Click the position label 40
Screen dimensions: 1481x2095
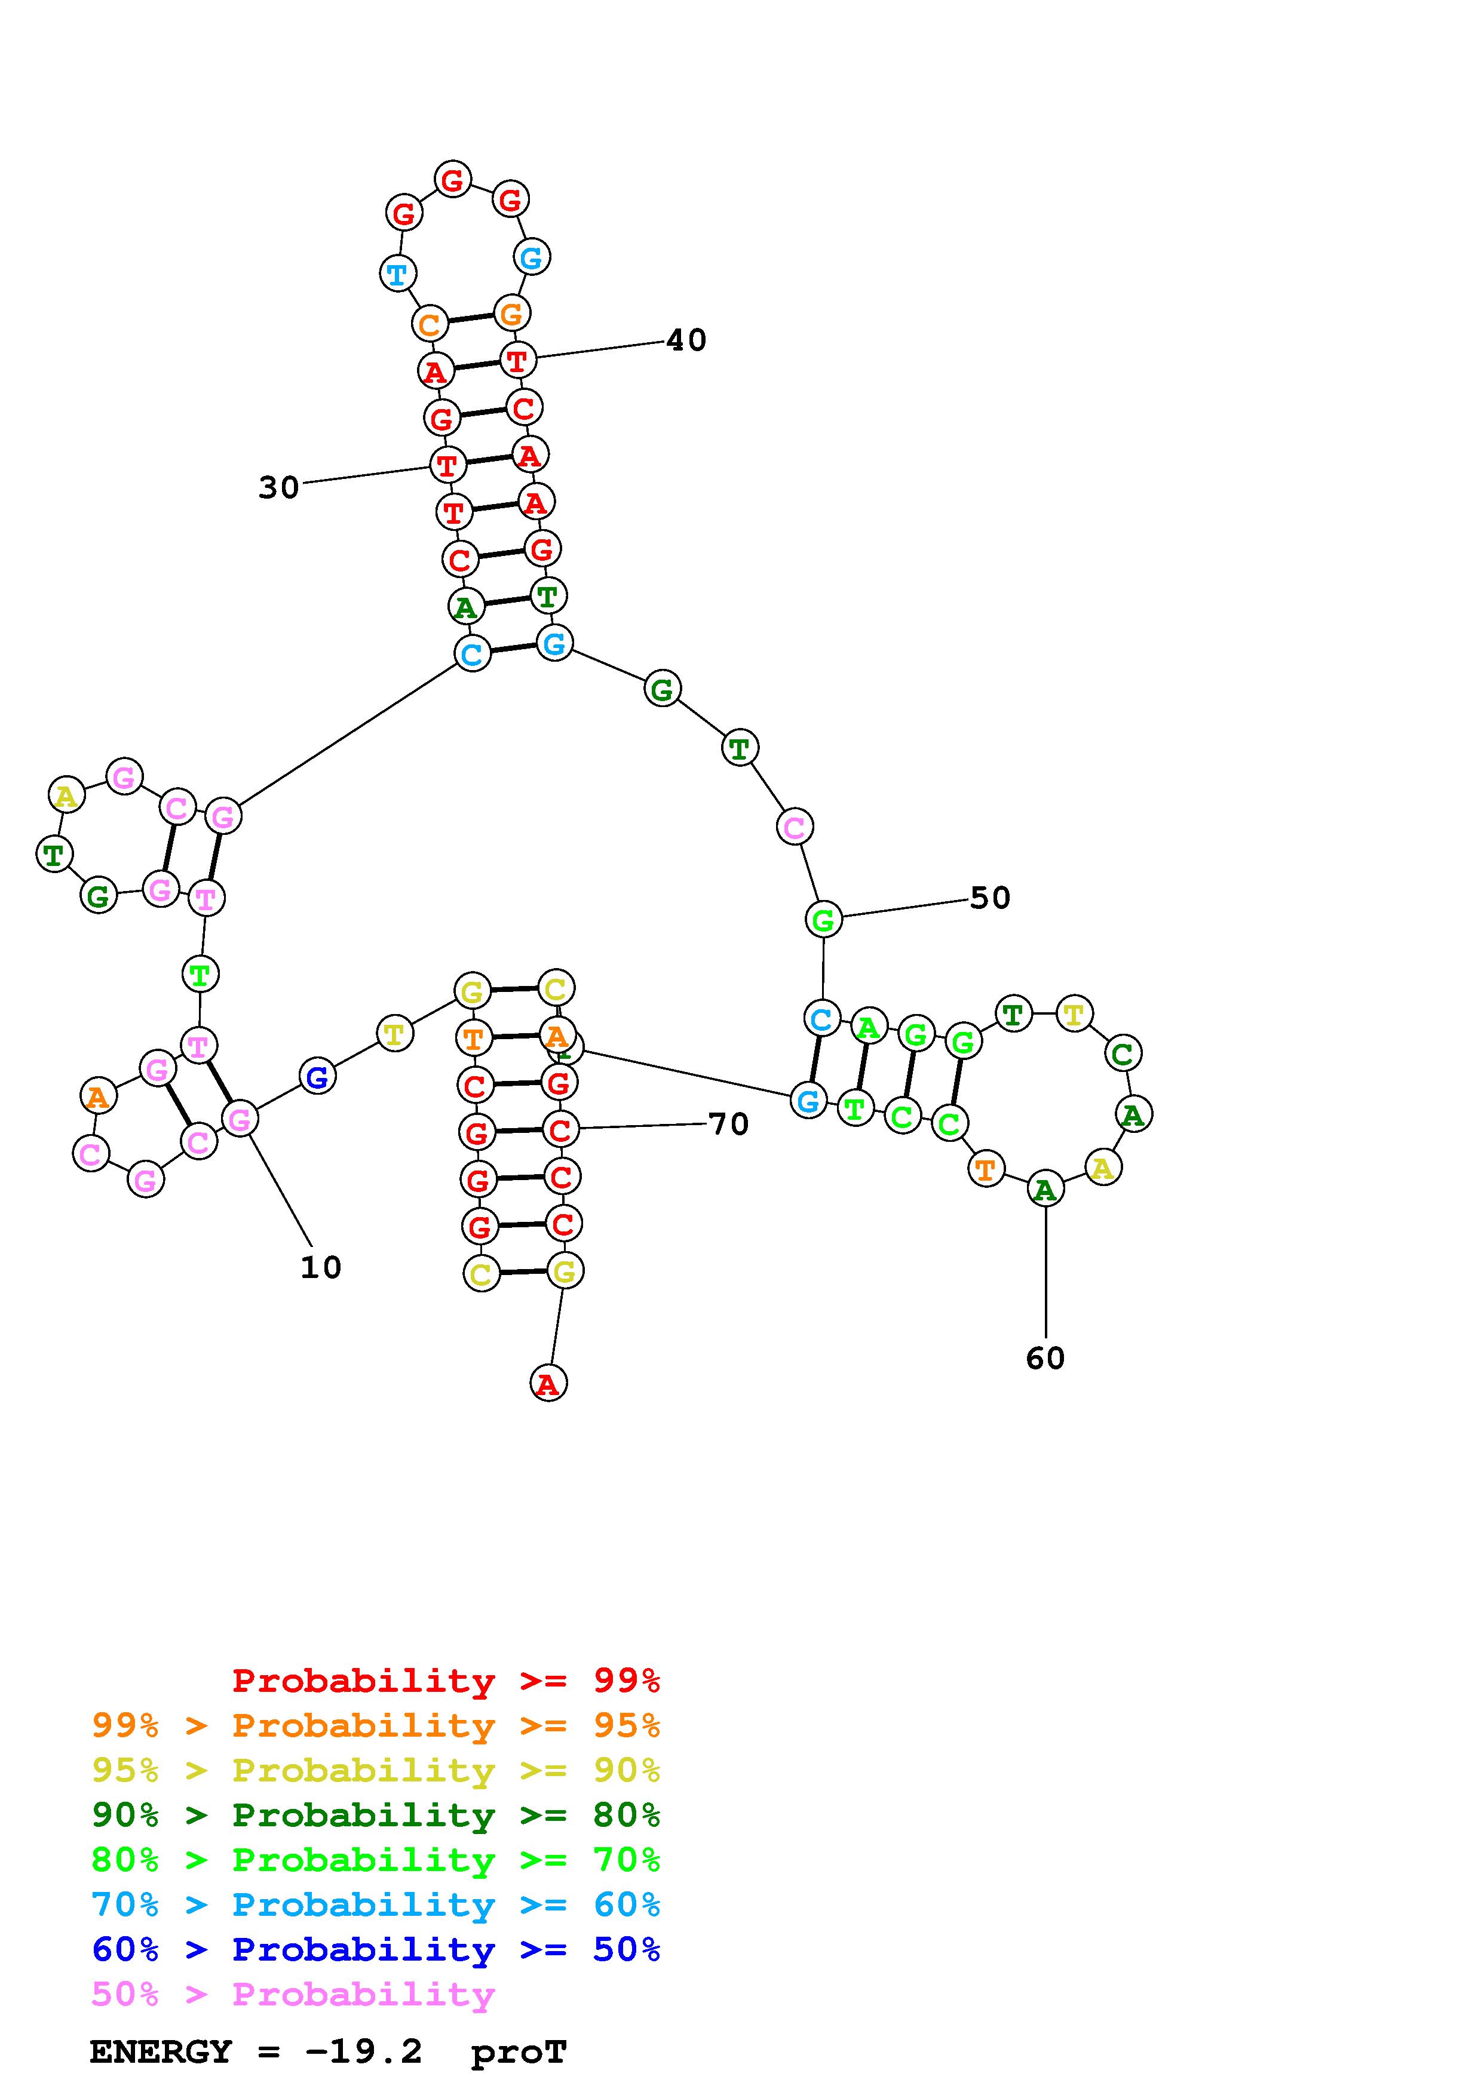point(686,340)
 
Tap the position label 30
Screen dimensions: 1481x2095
point(278,488)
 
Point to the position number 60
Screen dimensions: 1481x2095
point(1045,1359)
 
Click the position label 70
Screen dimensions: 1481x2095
point(728,1124)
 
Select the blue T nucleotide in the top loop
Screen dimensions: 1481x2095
point(397,273)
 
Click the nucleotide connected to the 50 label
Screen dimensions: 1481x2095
point(823,920)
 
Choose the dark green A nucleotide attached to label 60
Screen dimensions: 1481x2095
point(1045,1189)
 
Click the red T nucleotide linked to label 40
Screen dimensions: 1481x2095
point(517,361)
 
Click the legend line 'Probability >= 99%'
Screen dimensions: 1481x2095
point(446,1681)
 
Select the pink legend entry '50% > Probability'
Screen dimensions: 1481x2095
point(293,1995)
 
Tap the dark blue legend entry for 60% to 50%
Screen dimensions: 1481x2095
point(376,1950)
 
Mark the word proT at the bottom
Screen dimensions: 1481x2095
point(519,2052)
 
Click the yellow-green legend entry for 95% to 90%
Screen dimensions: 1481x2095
point(376,1770)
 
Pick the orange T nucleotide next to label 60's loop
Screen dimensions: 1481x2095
point(985,1169)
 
